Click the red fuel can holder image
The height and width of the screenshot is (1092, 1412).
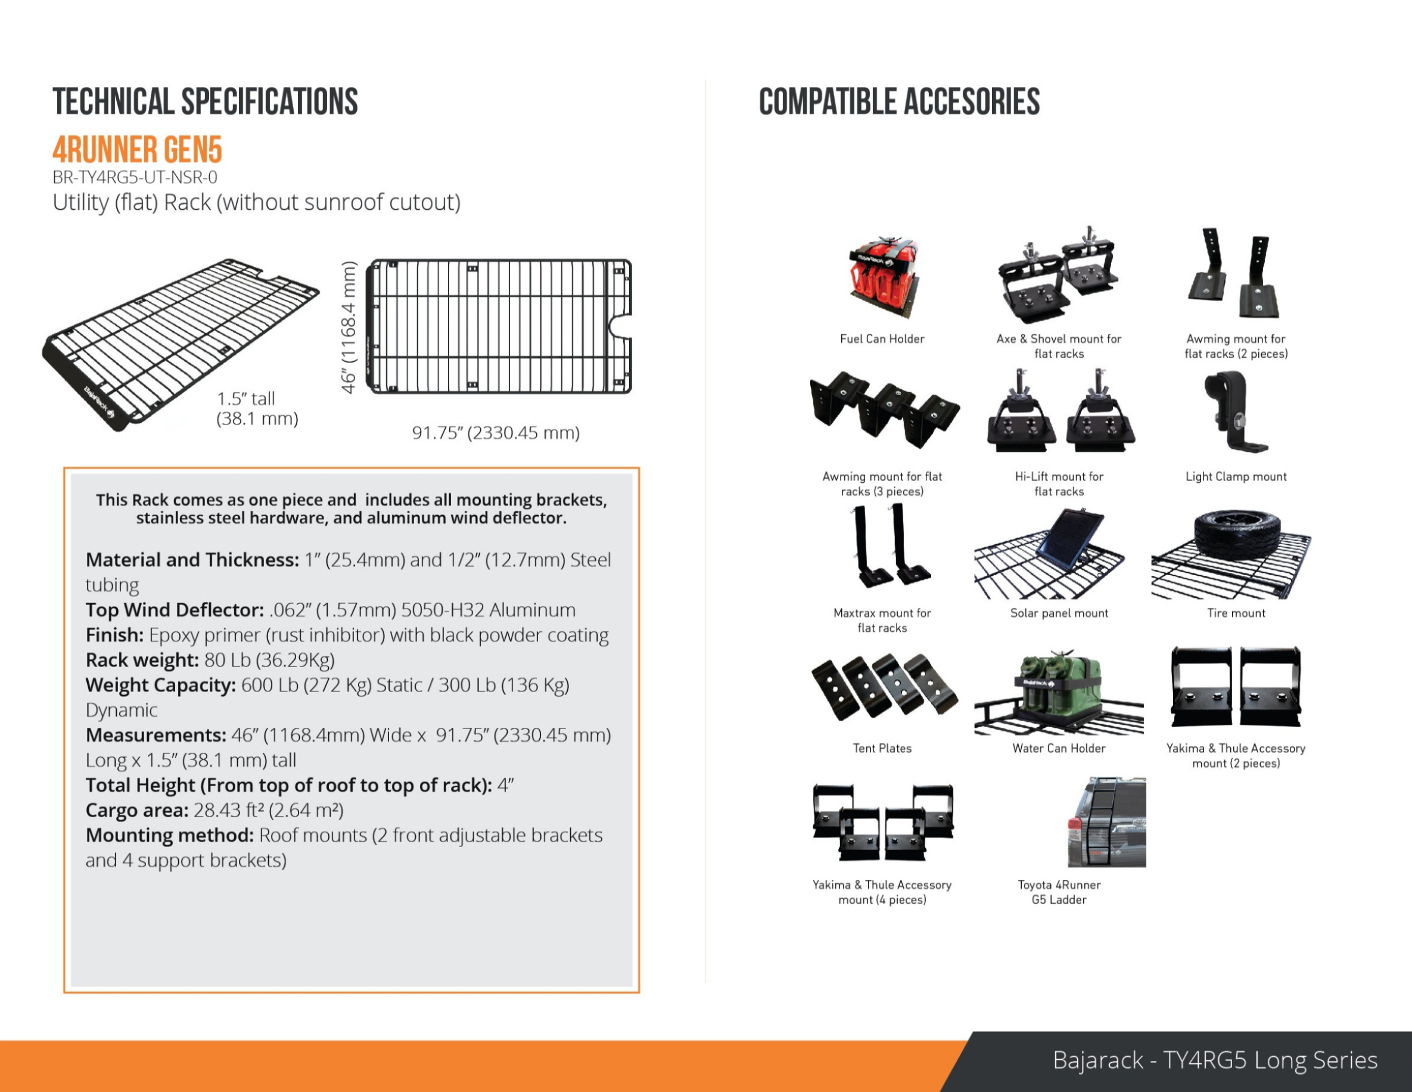pyautogui.click(x=882, y=278)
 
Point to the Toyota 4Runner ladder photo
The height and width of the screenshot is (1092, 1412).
pyautogui.click(x=1106, y=821)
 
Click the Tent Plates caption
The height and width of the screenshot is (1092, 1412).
pyautogui.click(x=882, y=749)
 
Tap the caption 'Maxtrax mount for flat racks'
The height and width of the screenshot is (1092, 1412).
pyautogui.click(x=882, y=621)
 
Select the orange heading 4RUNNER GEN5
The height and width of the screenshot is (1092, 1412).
pyautogui.click(x=137, y=150)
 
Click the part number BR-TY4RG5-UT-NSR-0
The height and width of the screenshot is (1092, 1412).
pyautogui.click(x=135, y=177)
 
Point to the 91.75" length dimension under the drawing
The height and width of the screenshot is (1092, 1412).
pyautogui.click(x=496, y=433)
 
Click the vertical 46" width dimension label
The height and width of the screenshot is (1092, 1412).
pyautogui.click(x=349, y=327)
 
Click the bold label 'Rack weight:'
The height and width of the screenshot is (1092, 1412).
pyautogui.click(x=142, y=660)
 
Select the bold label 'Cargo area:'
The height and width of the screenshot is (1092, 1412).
pyautogui.click(x=137, y=810)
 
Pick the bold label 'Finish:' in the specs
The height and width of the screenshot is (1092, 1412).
pyautogui.click(x=114, y=635)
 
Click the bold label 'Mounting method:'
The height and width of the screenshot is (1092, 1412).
pyautogui.click(x=169, y=835)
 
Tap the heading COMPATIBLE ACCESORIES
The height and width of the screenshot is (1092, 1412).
pyautogui.click(x=899, y=102)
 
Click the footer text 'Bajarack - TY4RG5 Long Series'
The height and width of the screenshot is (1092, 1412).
pyautogui.click(x=1215, y=1060)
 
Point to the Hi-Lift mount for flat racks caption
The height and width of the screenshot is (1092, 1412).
pyautogui.click(x=1059, y=484)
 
